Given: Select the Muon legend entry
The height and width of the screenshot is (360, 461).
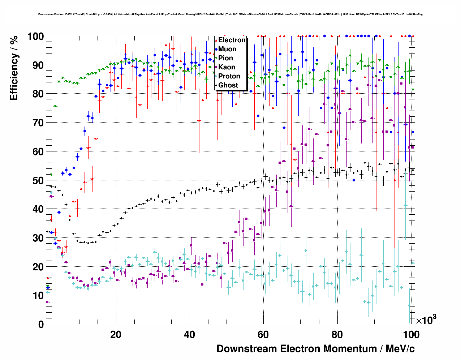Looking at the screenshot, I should click(227, 49).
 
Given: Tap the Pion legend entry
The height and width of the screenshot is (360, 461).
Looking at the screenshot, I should click(225, 58).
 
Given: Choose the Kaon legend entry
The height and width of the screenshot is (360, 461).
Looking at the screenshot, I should click(227, 67).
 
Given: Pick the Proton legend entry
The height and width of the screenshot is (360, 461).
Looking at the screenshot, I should click(229, 76).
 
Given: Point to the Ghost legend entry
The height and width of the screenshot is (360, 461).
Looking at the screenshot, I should click(228, 85).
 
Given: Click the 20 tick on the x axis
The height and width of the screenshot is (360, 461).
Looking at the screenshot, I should click(116, 334).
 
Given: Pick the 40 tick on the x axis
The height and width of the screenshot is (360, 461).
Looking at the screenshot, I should click(189, 334).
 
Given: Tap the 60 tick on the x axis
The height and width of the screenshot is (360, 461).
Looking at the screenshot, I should click(263, 334).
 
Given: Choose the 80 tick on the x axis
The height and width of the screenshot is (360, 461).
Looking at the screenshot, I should click(337, 334).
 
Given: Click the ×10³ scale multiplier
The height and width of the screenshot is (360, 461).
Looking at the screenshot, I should click(426, 320).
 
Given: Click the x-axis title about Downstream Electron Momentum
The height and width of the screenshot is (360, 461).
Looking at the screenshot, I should click(315, 349).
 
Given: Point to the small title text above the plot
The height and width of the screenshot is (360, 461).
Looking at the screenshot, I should click(230, 14).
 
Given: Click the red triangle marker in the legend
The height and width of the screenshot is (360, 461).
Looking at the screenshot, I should click(216, 40).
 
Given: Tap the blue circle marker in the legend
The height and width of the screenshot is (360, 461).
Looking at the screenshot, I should click(216, 49).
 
